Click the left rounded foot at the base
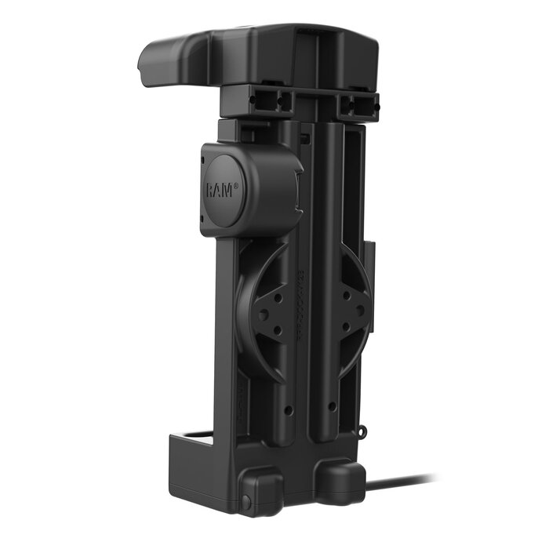262,490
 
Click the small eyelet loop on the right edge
362,430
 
